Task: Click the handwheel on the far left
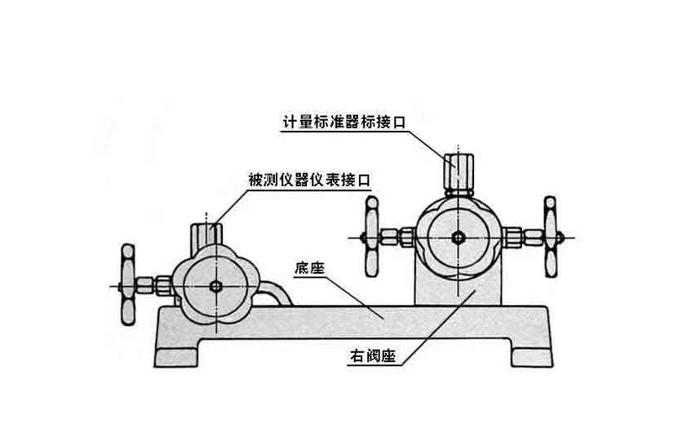click(127, 283)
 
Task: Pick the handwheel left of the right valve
click(371, 237)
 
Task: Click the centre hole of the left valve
click(216, 287)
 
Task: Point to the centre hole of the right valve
click(458, 237)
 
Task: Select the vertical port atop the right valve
click(458, 170)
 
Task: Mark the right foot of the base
click(531, 351)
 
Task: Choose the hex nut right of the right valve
click(514, 238)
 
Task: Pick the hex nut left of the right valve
click(405, 238)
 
